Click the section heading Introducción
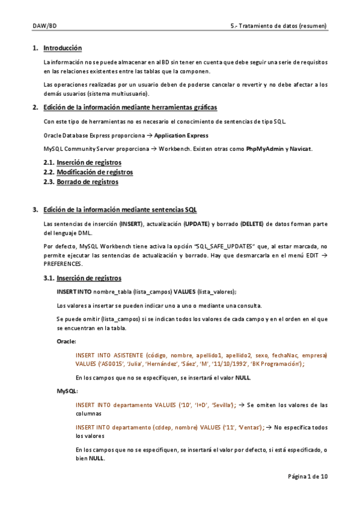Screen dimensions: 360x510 (63, 48)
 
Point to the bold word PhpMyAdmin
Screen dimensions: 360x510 (264, 149)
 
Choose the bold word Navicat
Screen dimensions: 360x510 (301, 149)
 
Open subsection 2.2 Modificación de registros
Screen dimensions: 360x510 (94, 172)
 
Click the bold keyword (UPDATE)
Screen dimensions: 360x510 (197, 224)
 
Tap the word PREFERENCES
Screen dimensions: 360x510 (64, 264)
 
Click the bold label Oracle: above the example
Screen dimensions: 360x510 (66, 341)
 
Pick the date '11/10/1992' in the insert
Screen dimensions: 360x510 (230, 364)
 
